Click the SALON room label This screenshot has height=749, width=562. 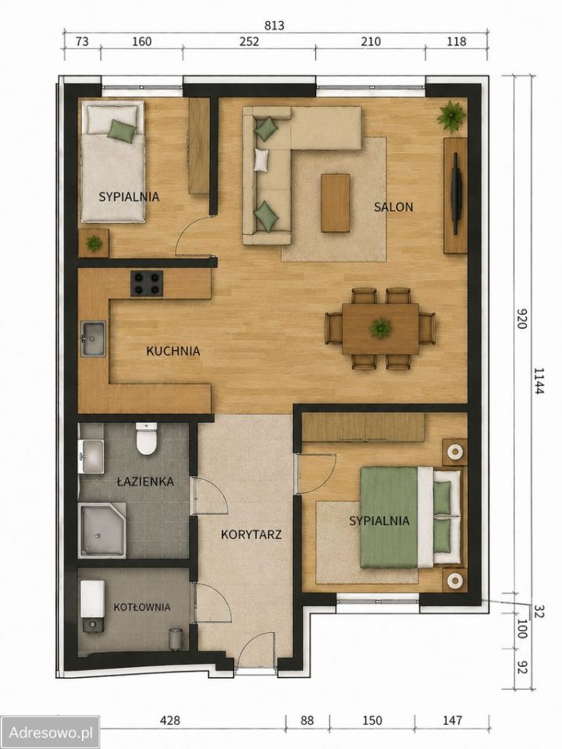393,207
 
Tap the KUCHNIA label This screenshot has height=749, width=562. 173,351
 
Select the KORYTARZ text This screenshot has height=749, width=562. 251,534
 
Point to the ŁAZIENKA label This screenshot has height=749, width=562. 145,481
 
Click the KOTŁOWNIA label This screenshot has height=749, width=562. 142,607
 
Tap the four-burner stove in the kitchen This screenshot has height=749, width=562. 147,283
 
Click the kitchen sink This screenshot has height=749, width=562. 93,339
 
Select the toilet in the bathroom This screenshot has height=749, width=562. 146,438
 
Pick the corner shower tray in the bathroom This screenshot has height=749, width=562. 102,530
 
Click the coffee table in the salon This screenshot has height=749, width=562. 336,203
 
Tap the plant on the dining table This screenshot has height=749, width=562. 381,328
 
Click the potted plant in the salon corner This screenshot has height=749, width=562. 451,116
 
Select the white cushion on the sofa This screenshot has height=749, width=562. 261,159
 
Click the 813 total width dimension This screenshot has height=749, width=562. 274,26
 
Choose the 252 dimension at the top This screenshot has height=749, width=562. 249,41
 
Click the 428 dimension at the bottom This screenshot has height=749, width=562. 169,720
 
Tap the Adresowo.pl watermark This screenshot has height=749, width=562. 50,733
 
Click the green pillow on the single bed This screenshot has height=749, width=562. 122,130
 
